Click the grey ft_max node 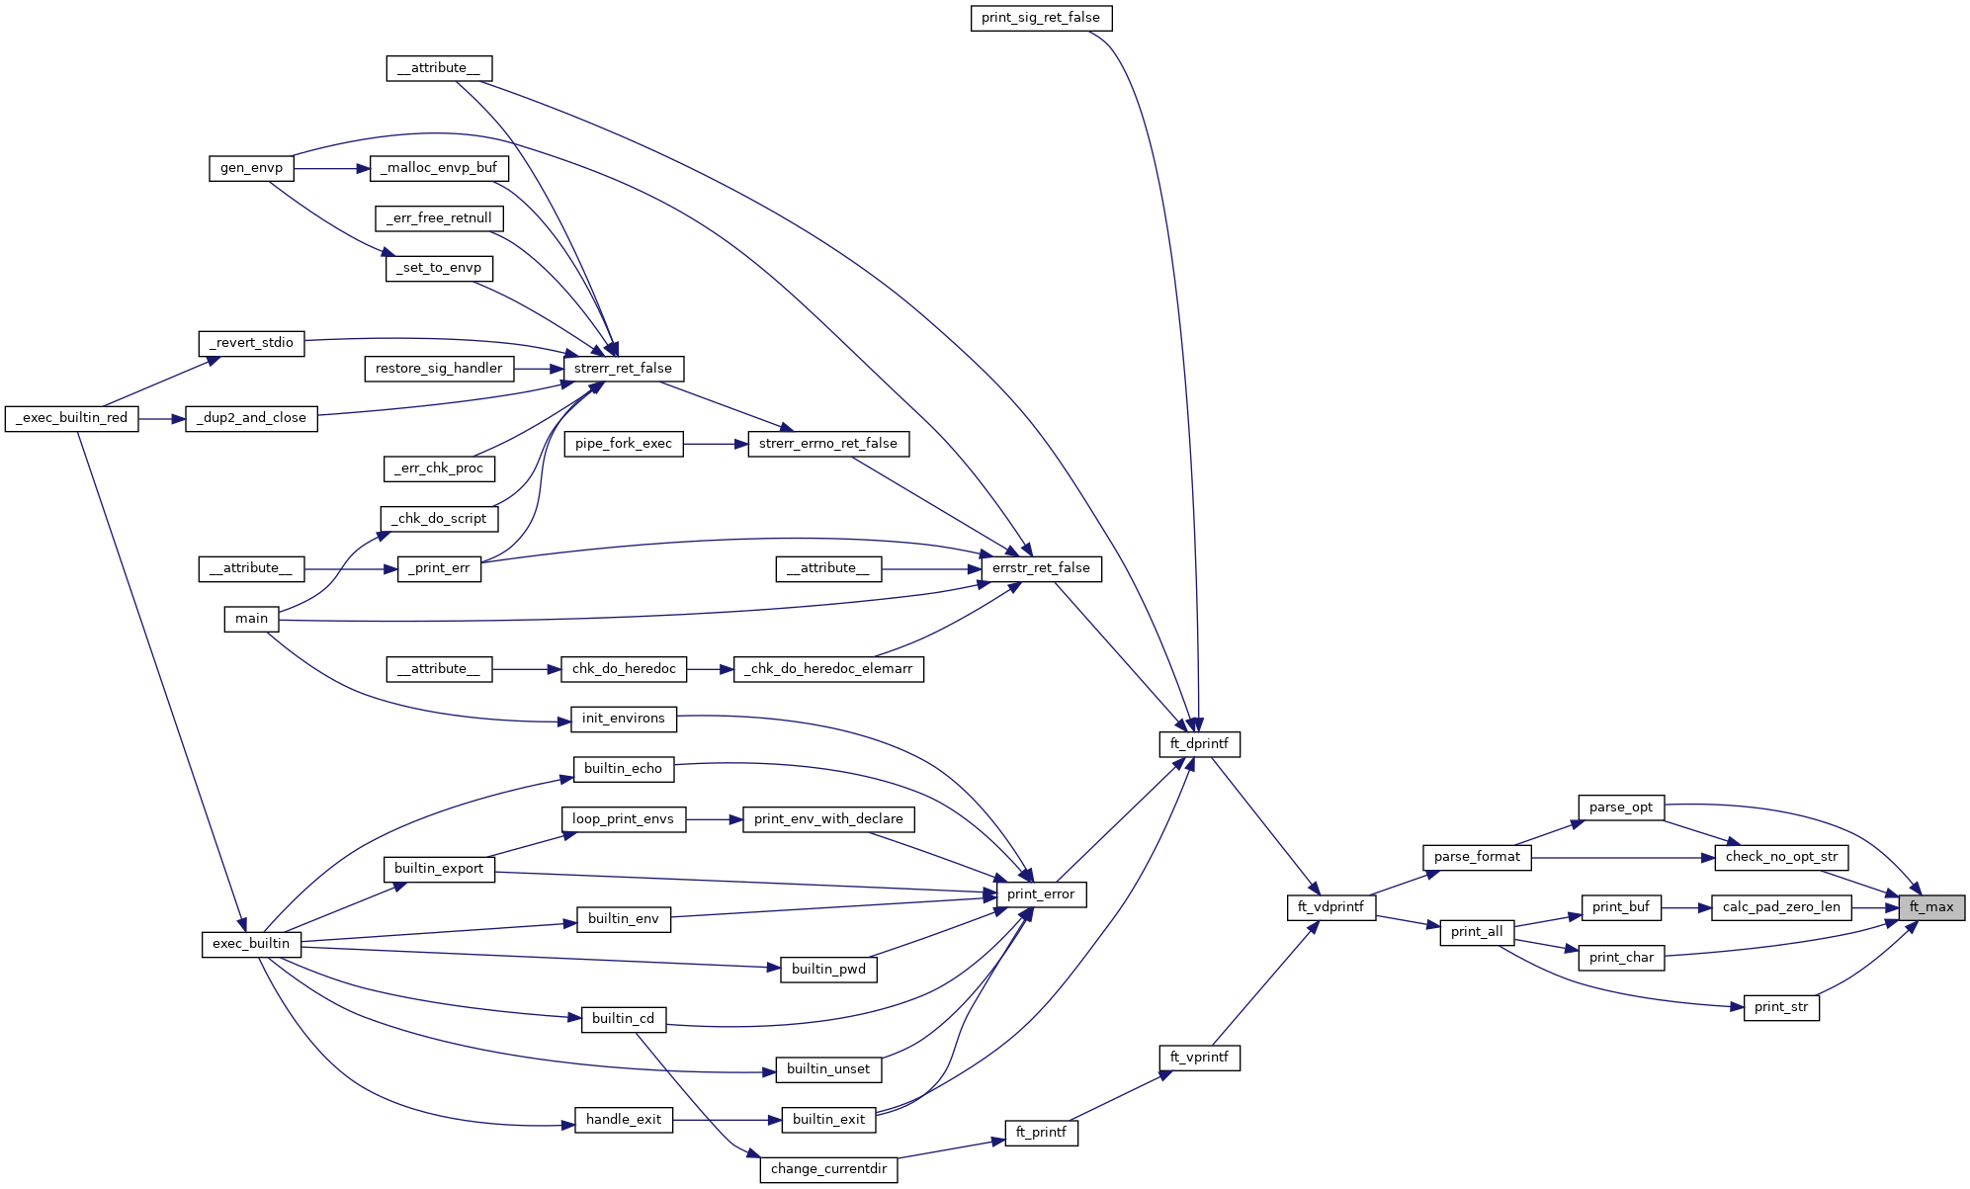[1930, 907]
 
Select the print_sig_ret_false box [1041, 18]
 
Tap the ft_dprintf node [1199, 744]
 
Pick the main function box [251, 619]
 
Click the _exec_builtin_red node [72, 418]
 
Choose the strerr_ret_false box [623, 369]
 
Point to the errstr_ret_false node [1041, 568]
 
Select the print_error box [1041, 894]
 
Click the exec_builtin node [251, 944]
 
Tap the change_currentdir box [828, 1169]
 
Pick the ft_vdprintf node [1330, 907]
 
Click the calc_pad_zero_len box [1781, 907]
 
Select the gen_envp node [251, 168]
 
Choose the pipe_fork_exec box [623, 444]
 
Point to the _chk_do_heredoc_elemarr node [828, 669]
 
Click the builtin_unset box [828, 1069]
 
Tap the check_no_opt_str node [1781, 857]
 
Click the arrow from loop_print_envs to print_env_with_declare [714, 819]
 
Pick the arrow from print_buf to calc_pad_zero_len [1686, 907]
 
